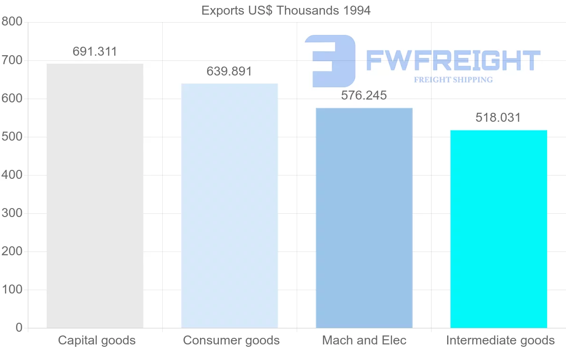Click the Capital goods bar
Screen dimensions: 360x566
(x=95, y=196)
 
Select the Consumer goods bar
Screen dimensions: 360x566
(x=229, y=206)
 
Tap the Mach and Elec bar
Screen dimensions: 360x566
(x=364, y=218)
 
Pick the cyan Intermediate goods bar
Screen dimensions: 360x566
(x=499, y=229)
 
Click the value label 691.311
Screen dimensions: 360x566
(x=95, y=52)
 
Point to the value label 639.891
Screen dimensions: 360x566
(x=229, y=72)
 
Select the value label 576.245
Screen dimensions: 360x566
(x=364, y=96)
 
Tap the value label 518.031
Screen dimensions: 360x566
(x=499, y=118)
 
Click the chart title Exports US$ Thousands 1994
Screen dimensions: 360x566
(x=286, y=10)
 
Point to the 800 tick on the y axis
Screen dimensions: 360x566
(x=12, y=22)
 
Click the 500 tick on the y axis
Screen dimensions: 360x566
(x=12, y=137)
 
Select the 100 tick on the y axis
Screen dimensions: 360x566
(x=12, y=290)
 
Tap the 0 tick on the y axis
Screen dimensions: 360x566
(x=19, y=328)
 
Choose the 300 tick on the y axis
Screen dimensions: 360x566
(x=12, y=213)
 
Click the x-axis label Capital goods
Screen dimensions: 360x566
(x=97, y=341)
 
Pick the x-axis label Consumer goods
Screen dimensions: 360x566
(x=231, y=341)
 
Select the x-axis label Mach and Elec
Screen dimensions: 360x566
(x=364, y=341)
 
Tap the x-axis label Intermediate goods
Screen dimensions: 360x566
(x=500, y=341)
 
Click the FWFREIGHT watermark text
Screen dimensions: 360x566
(x=453, y=60)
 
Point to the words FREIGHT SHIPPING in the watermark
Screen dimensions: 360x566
(x=453, y=80)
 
